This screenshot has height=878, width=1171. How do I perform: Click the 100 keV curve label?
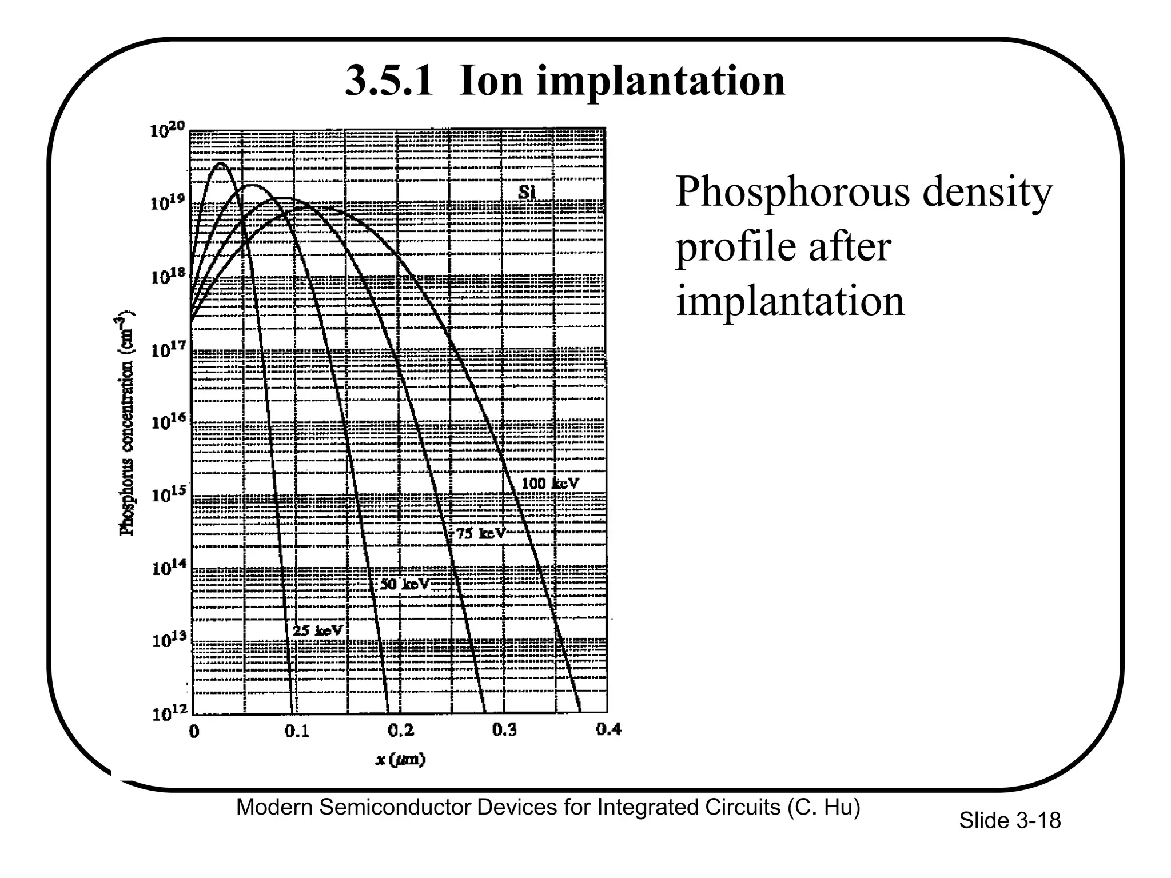point(549,484)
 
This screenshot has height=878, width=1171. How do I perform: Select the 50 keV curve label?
point(404,584)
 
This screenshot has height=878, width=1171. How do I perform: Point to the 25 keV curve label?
point(317,631)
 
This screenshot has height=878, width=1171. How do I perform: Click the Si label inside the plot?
point(527,193)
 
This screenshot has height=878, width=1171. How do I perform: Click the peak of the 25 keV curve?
point(221,164)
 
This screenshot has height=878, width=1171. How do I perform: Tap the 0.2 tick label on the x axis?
point(400,730)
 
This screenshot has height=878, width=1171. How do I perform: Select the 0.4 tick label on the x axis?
point(608,729)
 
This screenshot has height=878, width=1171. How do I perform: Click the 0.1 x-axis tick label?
point(297,731)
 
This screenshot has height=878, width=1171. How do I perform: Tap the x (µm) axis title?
point(400,760)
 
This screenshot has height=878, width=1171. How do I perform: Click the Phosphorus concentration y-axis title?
point(126,423)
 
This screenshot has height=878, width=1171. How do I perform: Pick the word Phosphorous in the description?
point(792,192)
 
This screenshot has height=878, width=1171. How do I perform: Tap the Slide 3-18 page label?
point(1009,821)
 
